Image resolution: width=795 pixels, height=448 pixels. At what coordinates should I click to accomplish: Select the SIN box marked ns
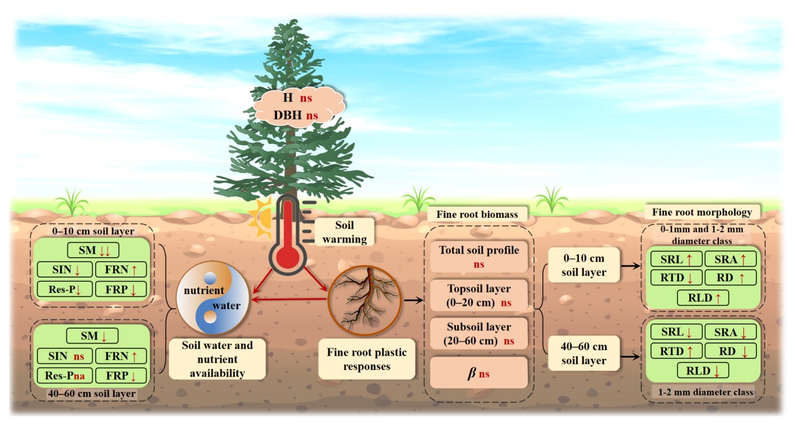tap(65, 356)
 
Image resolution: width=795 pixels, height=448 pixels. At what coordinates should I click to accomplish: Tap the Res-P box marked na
tap(64, 374)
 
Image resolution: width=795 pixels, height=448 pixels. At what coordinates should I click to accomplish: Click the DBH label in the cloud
tap(287, 114)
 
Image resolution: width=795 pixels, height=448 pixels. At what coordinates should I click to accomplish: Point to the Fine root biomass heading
tap(476, 215)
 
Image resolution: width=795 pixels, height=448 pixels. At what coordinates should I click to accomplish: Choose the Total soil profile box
tap(479, 256)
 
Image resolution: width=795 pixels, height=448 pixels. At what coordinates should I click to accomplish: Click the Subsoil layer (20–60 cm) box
tap(479, 333)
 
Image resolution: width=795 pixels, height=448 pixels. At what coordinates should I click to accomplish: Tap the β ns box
tap(479, 372)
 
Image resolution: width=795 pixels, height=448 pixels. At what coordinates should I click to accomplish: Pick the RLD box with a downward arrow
tap(702, 370)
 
